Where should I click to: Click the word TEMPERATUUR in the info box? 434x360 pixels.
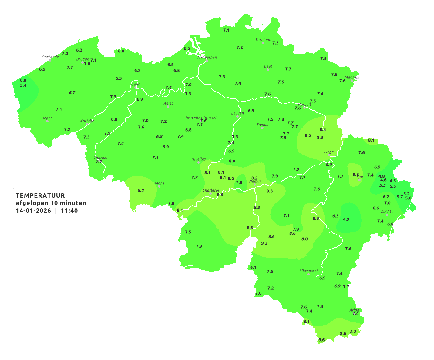40,195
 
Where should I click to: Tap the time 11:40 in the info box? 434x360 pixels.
69,211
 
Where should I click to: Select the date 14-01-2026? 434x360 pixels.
33,211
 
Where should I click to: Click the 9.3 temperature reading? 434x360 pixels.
264,243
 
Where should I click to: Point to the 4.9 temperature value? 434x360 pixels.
346,219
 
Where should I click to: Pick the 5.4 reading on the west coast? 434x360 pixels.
23,85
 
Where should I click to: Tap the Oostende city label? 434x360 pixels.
50,57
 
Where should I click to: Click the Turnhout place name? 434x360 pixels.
263,40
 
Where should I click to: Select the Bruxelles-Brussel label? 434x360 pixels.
201,118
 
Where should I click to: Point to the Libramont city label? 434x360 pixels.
308,271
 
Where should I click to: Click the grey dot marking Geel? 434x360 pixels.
268,70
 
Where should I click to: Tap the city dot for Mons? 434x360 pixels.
159,186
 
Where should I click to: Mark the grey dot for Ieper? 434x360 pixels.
47,121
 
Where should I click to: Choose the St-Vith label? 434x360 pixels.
387,212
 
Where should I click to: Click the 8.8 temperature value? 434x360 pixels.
316,218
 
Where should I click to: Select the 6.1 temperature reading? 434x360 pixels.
253,267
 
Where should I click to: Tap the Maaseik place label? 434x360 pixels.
352,77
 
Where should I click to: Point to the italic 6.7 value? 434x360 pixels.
72,92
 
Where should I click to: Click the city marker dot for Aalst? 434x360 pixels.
168,107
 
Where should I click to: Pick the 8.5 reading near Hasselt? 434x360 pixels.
308,135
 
